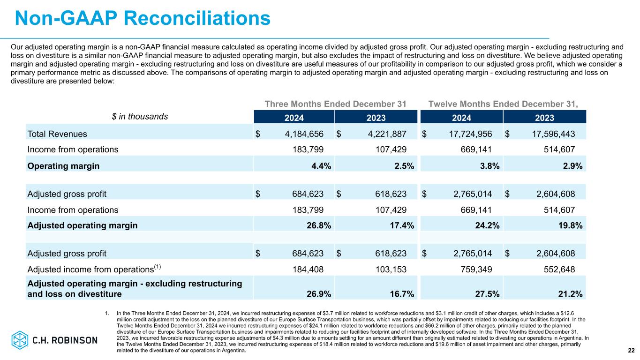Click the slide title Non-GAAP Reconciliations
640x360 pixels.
(143, 18)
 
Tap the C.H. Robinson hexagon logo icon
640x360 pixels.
(20, 340)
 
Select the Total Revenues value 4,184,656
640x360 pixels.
(304, 134)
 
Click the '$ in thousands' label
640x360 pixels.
(140, 117)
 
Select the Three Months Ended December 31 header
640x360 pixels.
(335, 104)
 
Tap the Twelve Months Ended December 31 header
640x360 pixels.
(503, 104)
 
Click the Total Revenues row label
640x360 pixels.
(57, 134)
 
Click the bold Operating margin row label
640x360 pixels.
(63, 166)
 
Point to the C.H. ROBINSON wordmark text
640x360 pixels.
(65, 340)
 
